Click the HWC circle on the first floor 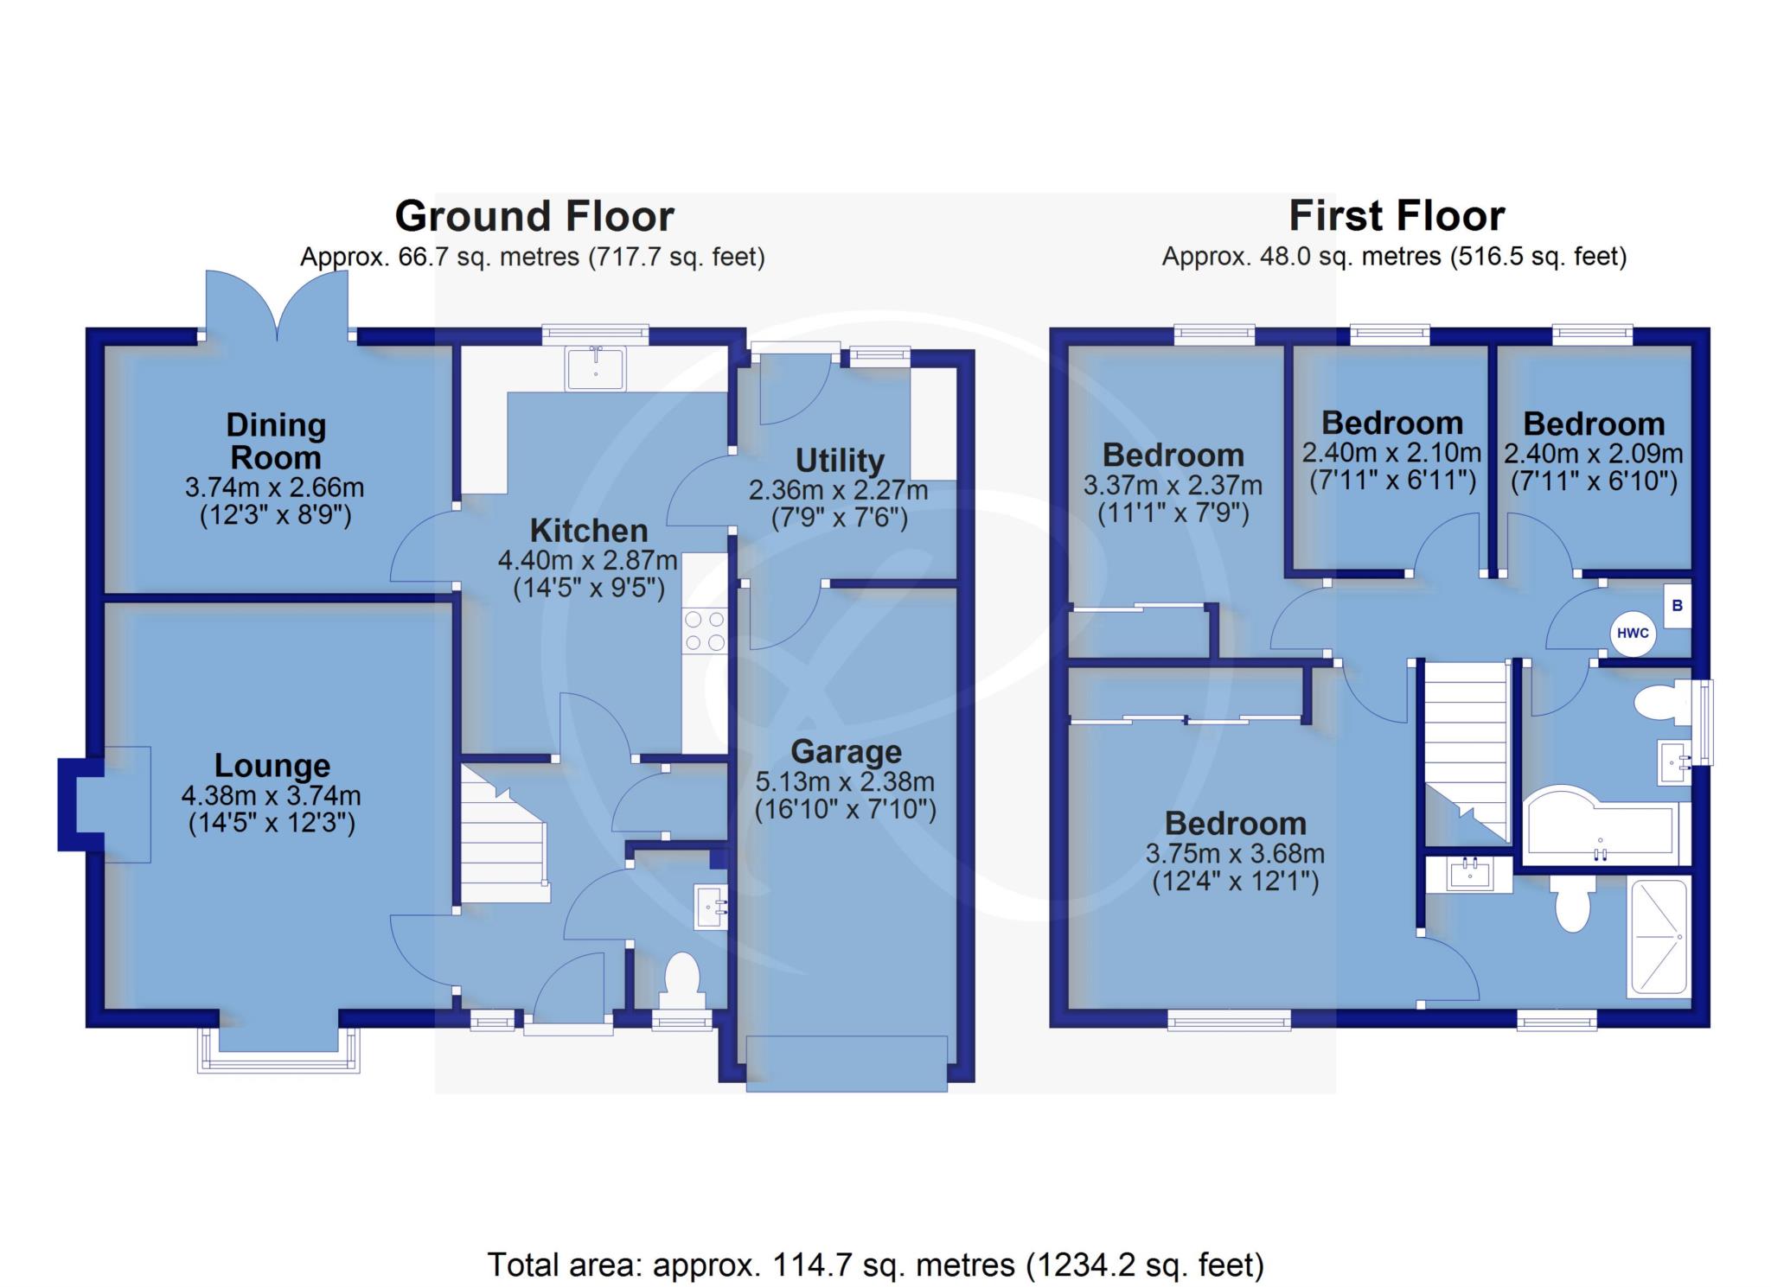1633,633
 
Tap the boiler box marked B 1678,606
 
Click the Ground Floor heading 534,216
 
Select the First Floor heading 1397,216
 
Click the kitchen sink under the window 595,368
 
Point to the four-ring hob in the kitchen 705,631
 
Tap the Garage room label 846,752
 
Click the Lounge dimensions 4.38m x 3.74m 272,795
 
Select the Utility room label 840,460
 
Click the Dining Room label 276,441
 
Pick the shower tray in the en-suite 1658,937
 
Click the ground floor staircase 504,834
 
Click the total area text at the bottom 876,1265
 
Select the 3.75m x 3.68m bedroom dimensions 1235,854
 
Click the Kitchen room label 589,530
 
